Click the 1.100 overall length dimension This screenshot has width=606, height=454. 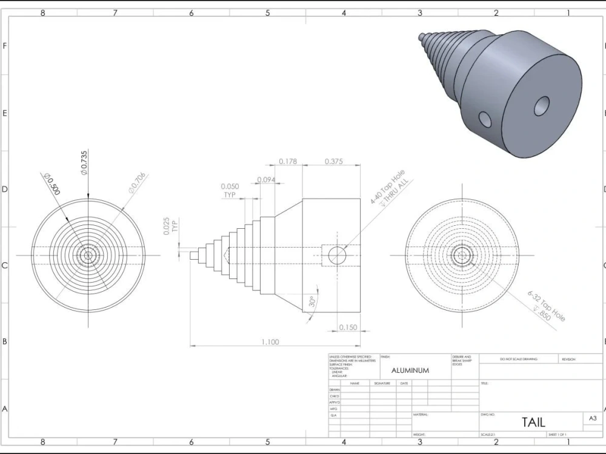point(270,342)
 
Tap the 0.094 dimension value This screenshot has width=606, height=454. point(267,180)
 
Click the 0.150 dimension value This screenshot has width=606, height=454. point(348,327)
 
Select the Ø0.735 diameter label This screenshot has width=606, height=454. point(84,162)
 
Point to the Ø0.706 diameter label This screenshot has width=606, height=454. point(137,183)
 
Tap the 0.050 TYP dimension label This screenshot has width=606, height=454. point(230,191)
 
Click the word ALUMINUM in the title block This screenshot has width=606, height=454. point(410,370)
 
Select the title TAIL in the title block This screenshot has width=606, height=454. point(533,422)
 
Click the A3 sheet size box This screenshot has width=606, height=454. point(593,418)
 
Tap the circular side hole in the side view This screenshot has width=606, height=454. point(336,255)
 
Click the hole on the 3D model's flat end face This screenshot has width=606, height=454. point(541,107)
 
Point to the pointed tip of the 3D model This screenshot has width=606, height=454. point(420,36)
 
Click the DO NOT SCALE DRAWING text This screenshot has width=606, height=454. point(518,359)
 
